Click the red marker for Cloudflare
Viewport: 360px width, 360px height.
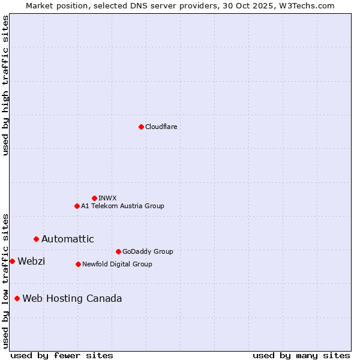(141, 127)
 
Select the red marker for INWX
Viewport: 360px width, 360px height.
(94, 198)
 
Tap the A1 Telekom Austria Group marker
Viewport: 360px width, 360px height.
(77, 206)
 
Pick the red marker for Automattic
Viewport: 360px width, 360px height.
(36, 239)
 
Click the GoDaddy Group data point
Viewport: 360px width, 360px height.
(118, 251)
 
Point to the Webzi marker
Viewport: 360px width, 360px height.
(12, 261)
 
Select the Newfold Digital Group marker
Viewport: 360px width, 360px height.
(78, 264)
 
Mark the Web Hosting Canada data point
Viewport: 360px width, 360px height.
(17, 298)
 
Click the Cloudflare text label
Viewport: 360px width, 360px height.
(161, 127)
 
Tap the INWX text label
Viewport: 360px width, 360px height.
(107, 198)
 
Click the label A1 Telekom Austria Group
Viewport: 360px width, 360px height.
(122, 206)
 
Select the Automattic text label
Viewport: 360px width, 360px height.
(67, 239)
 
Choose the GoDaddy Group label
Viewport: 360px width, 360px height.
(147, 251)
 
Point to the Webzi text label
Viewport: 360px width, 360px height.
(31, 261)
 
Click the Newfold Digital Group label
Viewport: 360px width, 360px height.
(117, 264)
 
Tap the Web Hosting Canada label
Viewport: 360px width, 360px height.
(72, 298)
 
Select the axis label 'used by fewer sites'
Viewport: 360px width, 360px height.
(62, 355)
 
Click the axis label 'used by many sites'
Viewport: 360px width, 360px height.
(301, 355)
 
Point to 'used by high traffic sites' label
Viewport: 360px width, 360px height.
(5, 86)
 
